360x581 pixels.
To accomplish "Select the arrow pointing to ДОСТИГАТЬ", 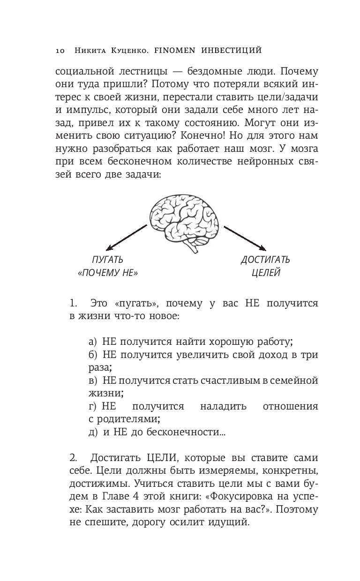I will (244, 238).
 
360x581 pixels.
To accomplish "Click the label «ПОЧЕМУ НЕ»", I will (107, 273).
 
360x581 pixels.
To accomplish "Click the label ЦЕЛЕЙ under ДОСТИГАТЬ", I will (265, 273).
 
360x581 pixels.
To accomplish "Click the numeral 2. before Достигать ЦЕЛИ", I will (74, 457).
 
